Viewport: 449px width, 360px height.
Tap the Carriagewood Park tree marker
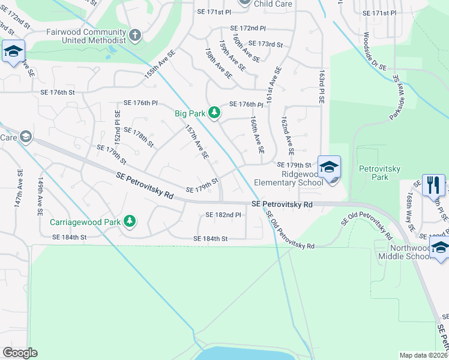pyautogui.click(x=129, y=222)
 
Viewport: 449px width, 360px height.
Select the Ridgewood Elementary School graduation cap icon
pyautogui.click(x=329, y=167)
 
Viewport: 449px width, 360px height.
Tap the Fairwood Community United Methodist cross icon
pyautogui.click(x=135, y=35)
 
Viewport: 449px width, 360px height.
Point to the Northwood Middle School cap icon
pyautogui.click(x=440, y=248)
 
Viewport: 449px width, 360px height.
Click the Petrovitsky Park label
pyautogui.click(x=379, y=173)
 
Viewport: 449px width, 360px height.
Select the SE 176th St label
pyautogui.click(x=58, y=92)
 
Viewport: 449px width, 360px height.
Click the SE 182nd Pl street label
pyautogui.click(x=223, y=215)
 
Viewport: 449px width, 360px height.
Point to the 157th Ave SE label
pyautogui.click(x=196, y=142)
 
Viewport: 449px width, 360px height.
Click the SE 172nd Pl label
pyautogui.click(x=247, y=28)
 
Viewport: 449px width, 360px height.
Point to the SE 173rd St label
pyautogui.click(x=265, y=44)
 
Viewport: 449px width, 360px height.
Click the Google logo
pyautogui.click(x=20, y=353)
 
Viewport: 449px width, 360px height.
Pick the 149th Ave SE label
pyautogui.click(x=41, y=196)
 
